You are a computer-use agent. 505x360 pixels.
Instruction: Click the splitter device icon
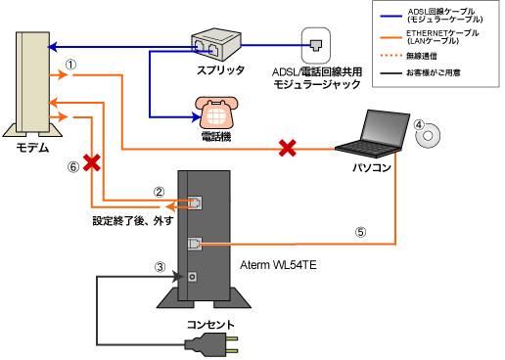click(214, 43)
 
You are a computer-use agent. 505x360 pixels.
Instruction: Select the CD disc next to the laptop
click(425, 140)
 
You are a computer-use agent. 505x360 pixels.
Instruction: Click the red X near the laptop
click(287, 149)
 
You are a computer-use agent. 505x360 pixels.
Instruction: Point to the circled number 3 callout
click(161, 266)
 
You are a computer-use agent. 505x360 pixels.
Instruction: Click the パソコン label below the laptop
click(372, 167)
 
